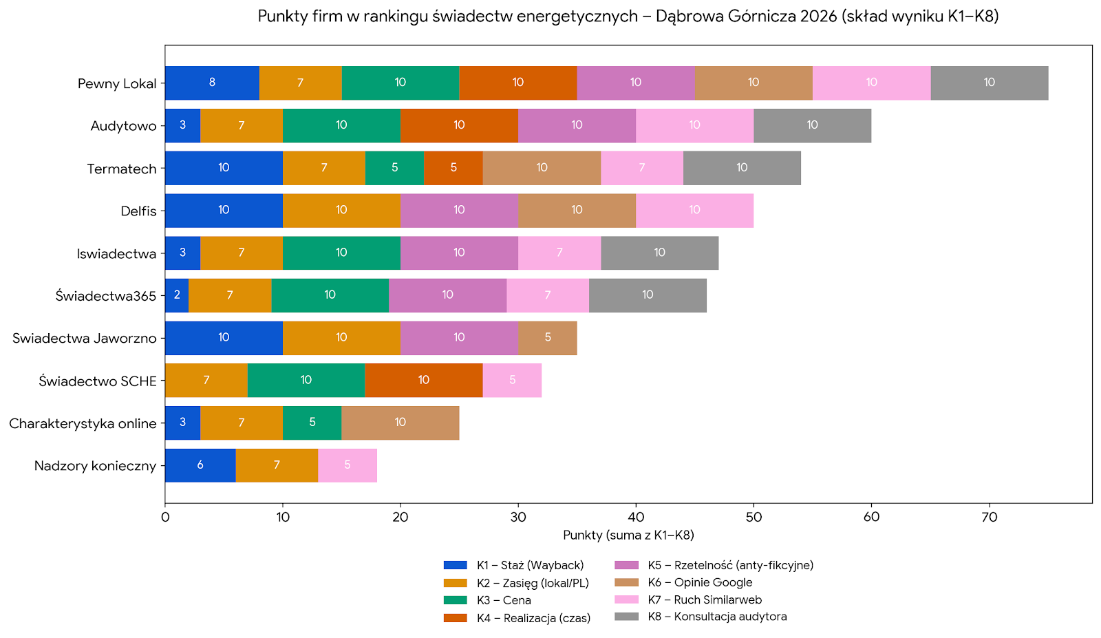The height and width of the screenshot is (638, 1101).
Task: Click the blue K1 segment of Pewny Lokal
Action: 212,83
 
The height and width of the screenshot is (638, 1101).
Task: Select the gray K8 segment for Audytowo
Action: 812,125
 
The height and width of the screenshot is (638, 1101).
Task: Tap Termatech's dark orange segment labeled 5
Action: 453,168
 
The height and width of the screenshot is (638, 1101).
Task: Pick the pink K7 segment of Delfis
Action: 694,211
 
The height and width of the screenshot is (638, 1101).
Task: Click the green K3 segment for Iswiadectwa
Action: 341,253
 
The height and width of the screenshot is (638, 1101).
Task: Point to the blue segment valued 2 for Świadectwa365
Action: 177,295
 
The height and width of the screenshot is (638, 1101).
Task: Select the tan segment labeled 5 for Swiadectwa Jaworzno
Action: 548,338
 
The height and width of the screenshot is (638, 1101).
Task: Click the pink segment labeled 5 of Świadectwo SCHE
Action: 512,381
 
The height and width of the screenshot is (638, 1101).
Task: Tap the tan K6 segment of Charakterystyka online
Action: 400,423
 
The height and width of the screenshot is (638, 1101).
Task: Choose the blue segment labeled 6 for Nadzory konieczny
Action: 200,465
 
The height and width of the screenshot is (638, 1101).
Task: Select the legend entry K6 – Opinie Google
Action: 700,582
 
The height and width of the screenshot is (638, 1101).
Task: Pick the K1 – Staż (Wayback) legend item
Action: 530,565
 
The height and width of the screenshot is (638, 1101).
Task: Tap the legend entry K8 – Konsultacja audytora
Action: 717,617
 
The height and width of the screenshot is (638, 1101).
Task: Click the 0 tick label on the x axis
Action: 165,518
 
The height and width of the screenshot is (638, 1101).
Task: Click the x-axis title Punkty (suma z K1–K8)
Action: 628,535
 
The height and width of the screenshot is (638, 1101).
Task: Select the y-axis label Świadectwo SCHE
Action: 98,381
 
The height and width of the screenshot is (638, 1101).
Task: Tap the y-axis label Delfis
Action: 138,211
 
